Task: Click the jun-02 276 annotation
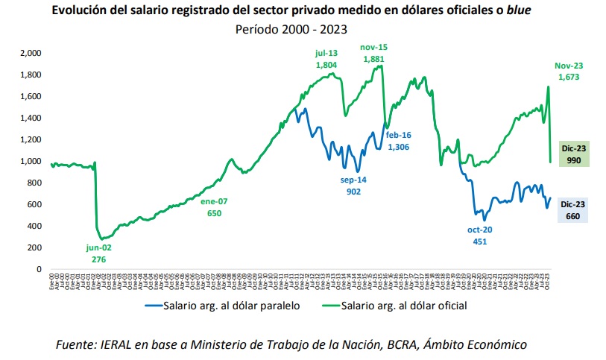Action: (98, 253)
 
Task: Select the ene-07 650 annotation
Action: (214, 207)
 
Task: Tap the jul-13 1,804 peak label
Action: (326, 59)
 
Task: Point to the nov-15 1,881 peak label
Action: (376, 53)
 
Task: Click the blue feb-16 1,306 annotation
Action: (399, 141)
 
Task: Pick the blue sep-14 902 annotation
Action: (354, 186)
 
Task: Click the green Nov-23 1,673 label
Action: (568, 71)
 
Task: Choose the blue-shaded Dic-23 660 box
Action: (573, 210)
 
